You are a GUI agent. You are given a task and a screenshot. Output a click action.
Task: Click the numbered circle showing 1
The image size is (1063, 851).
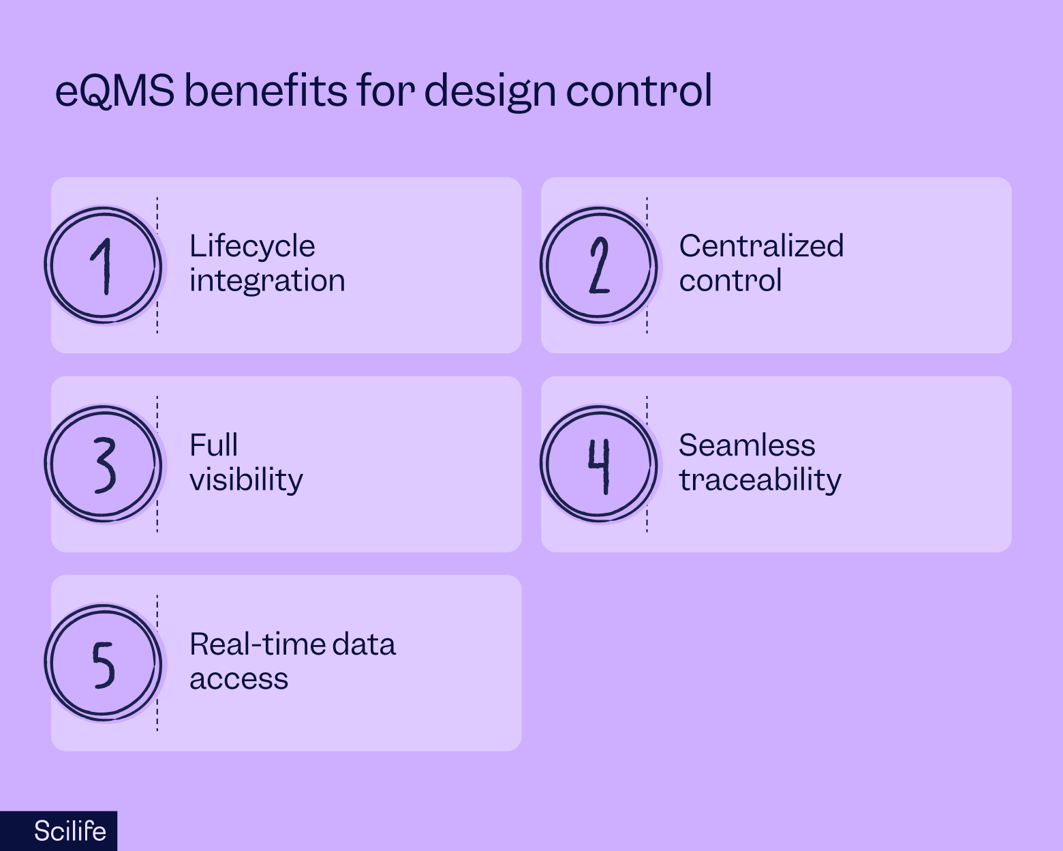103,265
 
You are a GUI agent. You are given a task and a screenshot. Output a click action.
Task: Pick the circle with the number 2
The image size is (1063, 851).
599,265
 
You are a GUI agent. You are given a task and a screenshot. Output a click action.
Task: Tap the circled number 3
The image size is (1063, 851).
103,464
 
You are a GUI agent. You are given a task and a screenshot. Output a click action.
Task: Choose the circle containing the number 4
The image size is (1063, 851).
599,464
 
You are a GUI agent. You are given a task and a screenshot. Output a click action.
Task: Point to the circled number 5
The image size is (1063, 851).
103,663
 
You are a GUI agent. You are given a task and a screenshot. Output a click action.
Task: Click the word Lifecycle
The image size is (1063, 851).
252,247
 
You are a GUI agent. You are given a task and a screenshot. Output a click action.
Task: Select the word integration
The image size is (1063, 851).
267,280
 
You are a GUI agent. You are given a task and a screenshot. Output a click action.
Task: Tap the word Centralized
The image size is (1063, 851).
761,245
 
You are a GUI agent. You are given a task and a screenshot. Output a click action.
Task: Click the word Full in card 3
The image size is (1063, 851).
213,445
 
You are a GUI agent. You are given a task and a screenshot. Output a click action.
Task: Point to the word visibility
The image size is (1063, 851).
246,479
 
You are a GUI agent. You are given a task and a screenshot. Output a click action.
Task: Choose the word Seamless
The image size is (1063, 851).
747,445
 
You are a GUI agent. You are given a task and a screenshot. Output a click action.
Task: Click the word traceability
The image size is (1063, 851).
760,479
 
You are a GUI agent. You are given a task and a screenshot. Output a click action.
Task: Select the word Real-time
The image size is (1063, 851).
247,644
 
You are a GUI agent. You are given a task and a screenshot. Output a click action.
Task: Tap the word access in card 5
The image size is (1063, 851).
238,678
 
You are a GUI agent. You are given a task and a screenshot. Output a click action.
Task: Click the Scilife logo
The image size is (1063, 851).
70,831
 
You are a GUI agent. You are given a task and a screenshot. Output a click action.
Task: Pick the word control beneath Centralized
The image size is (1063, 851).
730,280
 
